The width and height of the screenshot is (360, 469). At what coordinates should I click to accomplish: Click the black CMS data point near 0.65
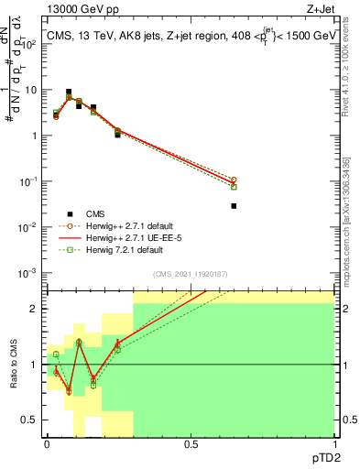[x=234, y=206]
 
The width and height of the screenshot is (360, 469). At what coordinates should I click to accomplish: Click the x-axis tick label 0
[x=47, y=444]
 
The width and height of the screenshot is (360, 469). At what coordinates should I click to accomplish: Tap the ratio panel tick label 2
[x=35, y=309]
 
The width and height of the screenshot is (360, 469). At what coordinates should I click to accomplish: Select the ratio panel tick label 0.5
[x=31, y=420]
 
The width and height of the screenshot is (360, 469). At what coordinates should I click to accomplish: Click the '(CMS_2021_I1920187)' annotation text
[x=190, y=274]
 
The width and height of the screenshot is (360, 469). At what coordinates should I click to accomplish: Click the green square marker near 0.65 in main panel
[x=234, y=187]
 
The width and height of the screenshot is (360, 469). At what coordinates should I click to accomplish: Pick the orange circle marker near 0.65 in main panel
[x=234, y=180]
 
